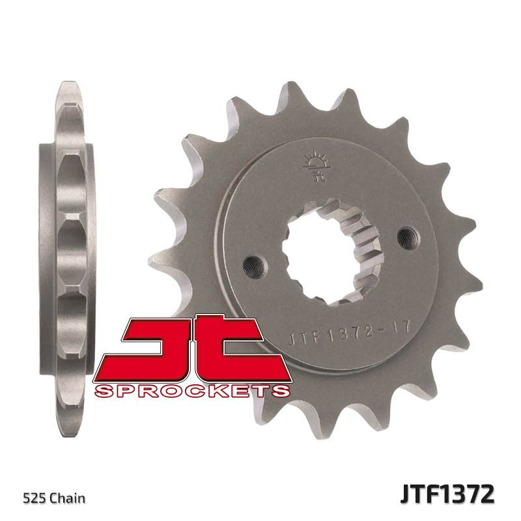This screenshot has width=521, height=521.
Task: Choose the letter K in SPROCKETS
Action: [220, 390]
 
